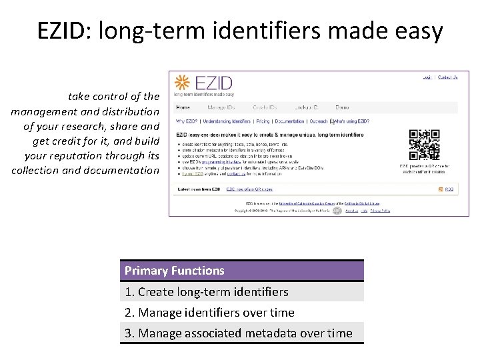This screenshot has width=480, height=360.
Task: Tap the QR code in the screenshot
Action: click(x=424, y=145)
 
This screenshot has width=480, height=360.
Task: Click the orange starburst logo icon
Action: click(x=182, y=84)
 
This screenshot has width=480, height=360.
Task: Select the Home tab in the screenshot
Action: click(x=183, y=107)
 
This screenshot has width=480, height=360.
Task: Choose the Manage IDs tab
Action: click(x=221, y=107)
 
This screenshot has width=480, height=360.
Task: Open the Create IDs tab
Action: click(x=264, y=107)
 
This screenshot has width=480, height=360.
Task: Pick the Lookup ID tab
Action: click(x=305, y=107)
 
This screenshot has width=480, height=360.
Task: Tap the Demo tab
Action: click(x=342, y=107)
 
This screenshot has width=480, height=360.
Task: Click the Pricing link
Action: click(x=263, y=121)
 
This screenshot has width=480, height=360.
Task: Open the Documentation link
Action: click(x=289, y=121)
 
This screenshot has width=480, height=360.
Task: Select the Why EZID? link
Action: click(x=186, y=121)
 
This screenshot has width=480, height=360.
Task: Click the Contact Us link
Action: click(x=447, y=77)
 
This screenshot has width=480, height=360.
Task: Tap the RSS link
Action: click(x=449, y=189)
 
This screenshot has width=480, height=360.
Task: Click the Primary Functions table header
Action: click(x=242, y=271)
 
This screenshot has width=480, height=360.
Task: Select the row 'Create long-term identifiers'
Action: click(x=242, y=292)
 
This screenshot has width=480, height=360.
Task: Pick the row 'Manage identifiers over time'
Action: click(x=242, y=313)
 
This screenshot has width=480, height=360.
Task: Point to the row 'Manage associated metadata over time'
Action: click(x=242, y=333)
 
